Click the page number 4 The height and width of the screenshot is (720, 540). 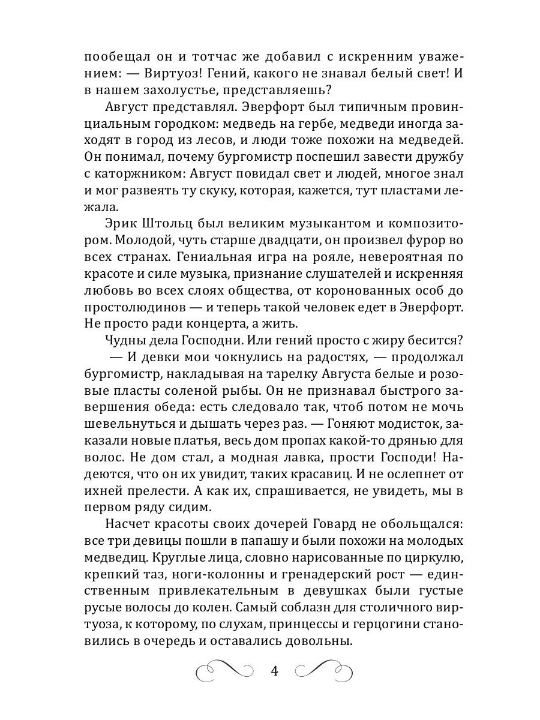274,671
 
